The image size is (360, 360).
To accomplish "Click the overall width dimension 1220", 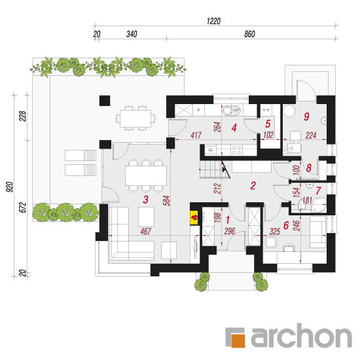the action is coord(213,21).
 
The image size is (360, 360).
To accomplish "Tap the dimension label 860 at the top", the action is coord(249,34).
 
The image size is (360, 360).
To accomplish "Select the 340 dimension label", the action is coord(132,34).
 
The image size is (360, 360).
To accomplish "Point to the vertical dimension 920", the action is coord(10,187).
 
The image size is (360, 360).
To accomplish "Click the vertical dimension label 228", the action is coord(23,116).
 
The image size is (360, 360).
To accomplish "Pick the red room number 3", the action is coord(145,200).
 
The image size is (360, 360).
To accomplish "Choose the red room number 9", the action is coord(306,117).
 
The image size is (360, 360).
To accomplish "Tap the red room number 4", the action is coord(234,128).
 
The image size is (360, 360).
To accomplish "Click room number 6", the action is coord(286,225).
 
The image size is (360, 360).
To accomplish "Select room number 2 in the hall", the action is coord(253,185).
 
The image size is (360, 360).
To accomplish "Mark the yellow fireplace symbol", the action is coord(194,217).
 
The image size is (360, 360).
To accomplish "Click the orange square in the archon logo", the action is coord(238,340).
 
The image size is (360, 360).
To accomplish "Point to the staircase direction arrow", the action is coord(225,170).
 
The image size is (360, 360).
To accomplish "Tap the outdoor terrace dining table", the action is coord(135,118).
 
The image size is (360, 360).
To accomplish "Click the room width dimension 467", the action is coord(146,231).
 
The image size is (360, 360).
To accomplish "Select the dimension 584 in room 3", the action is coord(168,201).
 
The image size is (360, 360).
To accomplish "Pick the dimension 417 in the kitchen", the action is coord(196,135).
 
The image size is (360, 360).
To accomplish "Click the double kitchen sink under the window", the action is coord(232,110).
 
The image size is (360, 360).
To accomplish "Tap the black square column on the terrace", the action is coord(105,101).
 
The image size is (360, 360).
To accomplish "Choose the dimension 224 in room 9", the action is coord(311,135).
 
